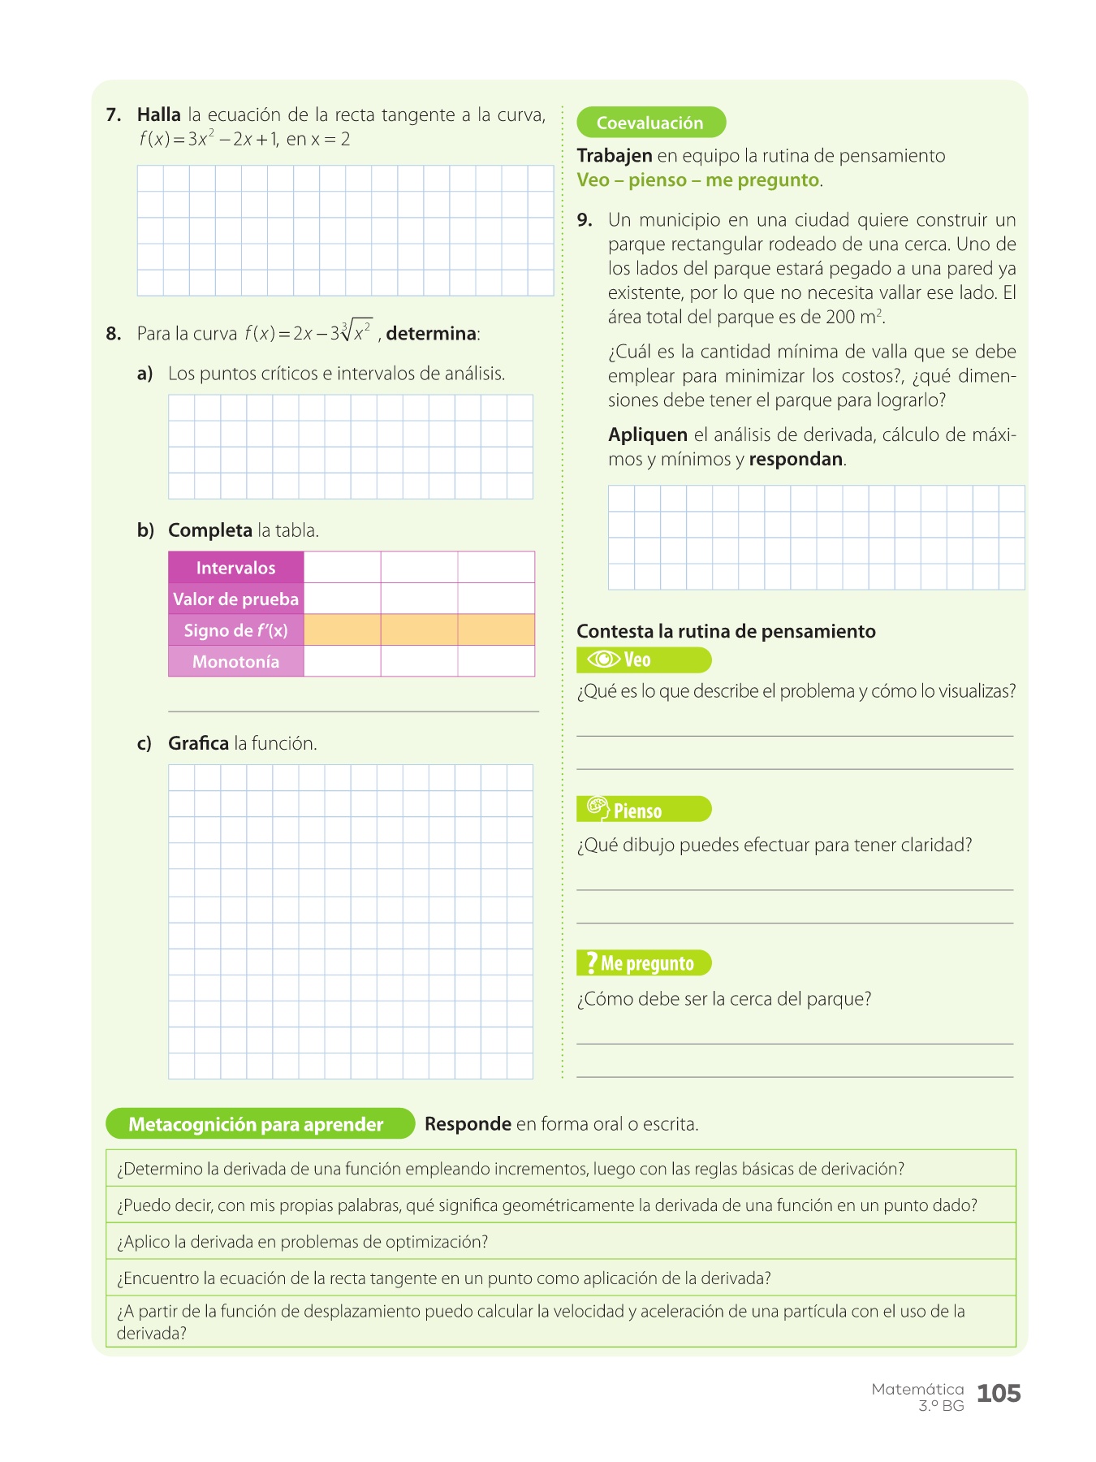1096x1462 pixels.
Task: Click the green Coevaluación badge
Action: (x=650, y=123)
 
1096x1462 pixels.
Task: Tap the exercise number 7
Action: (x=113, y=115)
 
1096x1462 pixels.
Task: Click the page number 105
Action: (x=998, y=1394)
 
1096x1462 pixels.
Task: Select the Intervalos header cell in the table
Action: (x=235, y=568)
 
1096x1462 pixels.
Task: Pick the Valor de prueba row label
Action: (x=235, y=599)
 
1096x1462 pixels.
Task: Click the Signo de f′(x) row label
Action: (x=235, y=630)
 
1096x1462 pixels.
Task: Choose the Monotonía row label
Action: (x=235, y=661)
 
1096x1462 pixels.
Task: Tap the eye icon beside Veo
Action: (x=603, y=660)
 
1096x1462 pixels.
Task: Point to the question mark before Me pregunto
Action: (x=591, y=962)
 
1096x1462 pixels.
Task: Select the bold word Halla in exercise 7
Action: (x=158, y=115)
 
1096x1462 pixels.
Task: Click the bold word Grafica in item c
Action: (x=198, y=743)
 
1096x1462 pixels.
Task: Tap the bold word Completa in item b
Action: (x=209, y=530)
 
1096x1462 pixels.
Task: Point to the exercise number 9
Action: (x=585, y=220)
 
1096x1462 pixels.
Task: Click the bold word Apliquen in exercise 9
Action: (x=647, y=435)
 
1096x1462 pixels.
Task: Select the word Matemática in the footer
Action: (x=917, y=1389)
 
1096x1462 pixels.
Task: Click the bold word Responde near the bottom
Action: (x=468, y=1124)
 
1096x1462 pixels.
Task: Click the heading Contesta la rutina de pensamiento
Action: (x=726, y=631)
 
